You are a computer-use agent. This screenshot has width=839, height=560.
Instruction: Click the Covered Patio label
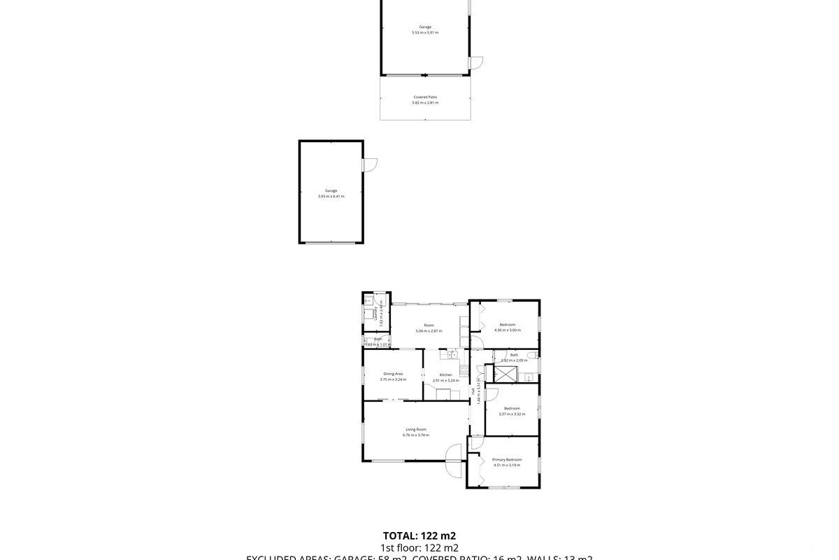[x=425, y=97]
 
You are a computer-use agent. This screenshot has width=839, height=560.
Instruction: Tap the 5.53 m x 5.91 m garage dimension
[x=425, y=33]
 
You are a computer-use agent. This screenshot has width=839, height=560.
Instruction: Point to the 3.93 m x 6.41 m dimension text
[x=331, y=197]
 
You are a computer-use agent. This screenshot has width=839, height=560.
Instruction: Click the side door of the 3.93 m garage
[x=370, y=165]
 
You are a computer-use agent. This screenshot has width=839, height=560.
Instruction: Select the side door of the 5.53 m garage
[x=475, y=62]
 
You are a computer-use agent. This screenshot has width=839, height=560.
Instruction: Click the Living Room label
[x=416, y=429]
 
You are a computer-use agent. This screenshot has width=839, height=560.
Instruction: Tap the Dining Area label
[x=393, y=374]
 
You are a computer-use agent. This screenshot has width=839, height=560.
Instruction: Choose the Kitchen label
[x=445, y=374]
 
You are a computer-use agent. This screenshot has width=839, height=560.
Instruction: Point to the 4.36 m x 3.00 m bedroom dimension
[x=508, y=330]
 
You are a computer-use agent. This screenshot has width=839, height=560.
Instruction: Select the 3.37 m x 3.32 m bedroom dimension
[x=512, y=414]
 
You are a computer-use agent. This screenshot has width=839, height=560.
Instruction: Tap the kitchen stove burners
[x=463, y=371]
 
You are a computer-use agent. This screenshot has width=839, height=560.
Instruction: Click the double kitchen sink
[x=453, y=355]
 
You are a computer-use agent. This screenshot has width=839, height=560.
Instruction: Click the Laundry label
[x=376, y=313]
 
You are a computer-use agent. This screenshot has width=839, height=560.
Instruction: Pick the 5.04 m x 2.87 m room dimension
[x=429, y=331]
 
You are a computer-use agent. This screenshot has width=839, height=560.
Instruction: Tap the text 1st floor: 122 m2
[x=419, y=548]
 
